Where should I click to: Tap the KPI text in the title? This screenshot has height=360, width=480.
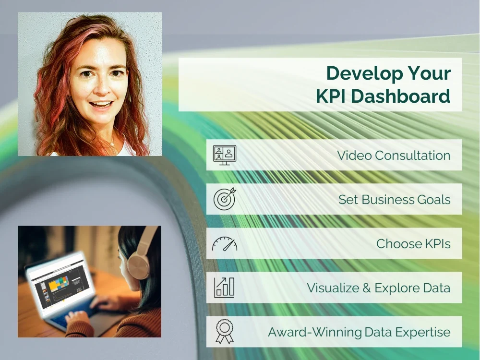point(330,96)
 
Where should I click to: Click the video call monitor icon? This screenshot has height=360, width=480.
point(224,155)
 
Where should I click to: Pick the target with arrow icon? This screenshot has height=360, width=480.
point(224,199)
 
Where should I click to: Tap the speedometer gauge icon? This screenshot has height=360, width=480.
point(224,244)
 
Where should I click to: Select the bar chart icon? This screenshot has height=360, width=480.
point(224,287)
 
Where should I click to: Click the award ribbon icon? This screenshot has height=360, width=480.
point(224,332)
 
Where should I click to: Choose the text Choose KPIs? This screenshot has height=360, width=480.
point(413,244)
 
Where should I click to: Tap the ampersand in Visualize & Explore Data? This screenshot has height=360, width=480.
point(366,288)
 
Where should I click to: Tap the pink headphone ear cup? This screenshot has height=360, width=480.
point(137,262)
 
